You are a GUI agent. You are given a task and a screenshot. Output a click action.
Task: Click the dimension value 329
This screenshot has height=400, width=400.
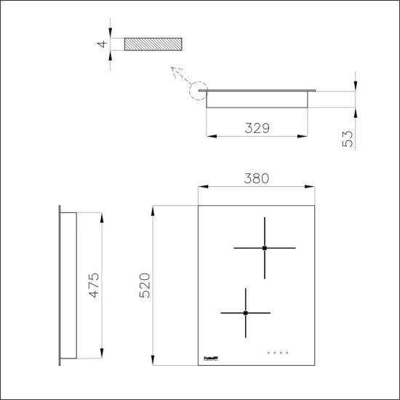[256, 128]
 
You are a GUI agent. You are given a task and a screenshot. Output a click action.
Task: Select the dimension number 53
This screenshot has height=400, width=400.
[348, 139]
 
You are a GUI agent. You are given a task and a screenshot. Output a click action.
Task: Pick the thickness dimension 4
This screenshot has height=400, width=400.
[104, 44]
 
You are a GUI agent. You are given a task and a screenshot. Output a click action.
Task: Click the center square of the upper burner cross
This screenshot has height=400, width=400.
[265, 248]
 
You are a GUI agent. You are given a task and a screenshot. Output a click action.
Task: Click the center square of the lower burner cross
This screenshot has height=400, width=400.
[246, 313]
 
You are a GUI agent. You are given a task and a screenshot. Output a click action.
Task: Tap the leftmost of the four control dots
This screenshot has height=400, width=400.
[269, 353]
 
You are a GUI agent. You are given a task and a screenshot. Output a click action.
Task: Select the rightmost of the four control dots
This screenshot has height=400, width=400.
[289, 353]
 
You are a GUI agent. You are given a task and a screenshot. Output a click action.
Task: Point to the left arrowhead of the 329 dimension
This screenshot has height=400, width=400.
[209, 136]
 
